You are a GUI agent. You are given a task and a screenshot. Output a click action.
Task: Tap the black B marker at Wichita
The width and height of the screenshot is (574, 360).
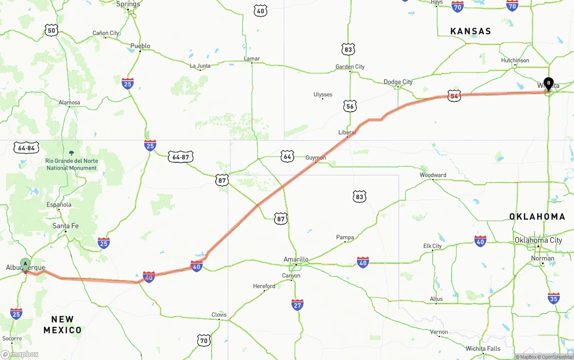coord(548,83)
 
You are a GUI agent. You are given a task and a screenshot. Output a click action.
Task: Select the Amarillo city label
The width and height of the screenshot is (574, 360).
coord(296,259)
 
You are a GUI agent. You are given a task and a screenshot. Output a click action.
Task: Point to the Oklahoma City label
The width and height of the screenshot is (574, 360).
coord(538,240)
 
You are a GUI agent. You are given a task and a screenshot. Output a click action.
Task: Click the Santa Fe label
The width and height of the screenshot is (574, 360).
coord(65,226)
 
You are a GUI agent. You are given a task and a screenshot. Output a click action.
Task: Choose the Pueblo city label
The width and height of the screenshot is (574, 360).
coord(140,46)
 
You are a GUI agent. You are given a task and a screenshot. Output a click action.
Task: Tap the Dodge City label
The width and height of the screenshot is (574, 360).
coord(398,82)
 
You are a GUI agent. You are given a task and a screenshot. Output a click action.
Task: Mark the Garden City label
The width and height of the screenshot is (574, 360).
coord(350,67)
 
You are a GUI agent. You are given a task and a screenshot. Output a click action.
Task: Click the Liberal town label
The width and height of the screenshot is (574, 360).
coord(347,132)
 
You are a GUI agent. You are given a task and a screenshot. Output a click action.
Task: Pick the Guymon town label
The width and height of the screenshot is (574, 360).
coord(316,158)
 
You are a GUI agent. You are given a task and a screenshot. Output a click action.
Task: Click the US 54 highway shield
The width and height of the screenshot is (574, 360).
coord(454,96)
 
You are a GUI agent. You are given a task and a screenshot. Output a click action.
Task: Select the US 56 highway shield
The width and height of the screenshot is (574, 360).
coord(350,106)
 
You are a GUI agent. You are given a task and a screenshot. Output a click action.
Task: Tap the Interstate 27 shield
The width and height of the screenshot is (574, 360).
coord(297,305)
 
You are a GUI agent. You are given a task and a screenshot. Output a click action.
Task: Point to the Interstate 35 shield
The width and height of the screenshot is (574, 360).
coord(554,298)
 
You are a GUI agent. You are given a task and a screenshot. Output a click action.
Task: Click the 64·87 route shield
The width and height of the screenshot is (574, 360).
coord(181,157)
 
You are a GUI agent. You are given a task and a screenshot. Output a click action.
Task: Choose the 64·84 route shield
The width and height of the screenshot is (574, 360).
coord(27,148)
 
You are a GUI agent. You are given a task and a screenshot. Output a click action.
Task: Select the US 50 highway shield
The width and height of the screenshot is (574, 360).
coord(52,30)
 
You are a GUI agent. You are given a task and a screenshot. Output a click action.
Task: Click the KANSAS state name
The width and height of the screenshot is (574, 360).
coord(471,31)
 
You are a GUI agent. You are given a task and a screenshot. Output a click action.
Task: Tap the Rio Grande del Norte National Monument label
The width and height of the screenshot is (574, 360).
coord(71,165)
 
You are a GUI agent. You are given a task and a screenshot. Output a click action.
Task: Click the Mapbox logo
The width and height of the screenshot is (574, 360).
coord(20,354)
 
